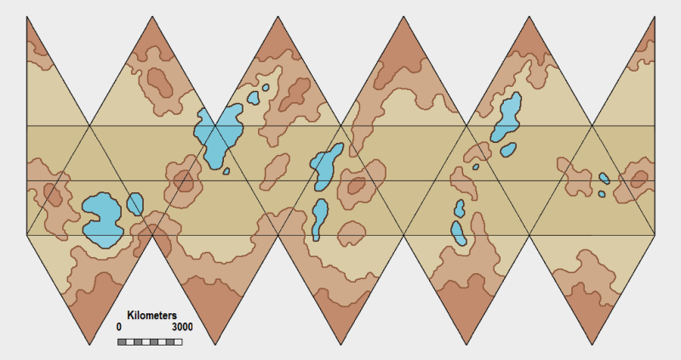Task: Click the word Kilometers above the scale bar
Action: (x=152, y=316)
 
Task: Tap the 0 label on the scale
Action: (x=119, y=328)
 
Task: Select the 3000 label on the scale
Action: (x=181, y=328)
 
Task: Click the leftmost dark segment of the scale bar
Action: (x=122, y=342)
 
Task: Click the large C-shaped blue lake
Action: (x=101, y=217)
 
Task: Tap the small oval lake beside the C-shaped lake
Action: (x=134, y=204)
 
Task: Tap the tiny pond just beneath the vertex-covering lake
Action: (x=227, y=170)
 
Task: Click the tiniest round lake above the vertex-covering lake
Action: (x=266, y=87)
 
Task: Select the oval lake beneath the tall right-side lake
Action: (x=460, y=233)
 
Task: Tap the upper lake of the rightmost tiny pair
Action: (x=604, y=179)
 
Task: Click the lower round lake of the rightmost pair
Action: (x=601, y=194)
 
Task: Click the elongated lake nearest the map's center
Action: (x=326, y=165)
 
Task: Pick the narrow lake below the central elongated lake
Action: (x=319, y=219)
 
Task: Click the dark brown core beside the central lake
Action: (x=355, y=184)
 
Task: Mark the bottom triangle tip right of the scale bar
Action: (x=215, y=345)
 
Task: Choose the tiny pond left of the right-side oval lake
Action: (x=476, y=167)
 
